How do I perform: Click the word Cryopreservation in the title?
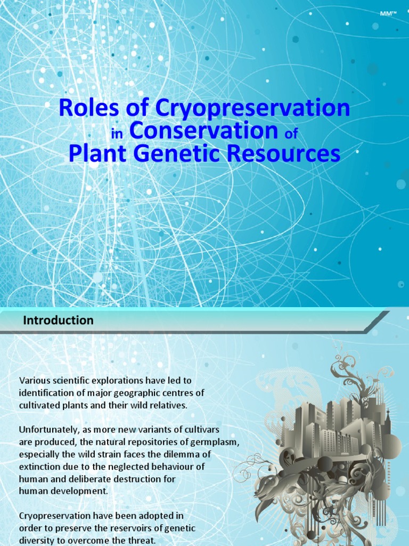pos(253,108)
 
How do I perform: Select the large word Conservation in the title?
pos(203,131)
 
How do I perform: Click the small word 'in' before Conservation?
pos(117,134)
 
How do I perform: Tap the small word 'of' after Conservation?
pos(291,134)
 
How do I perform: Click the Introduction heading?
pos(58,320)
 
